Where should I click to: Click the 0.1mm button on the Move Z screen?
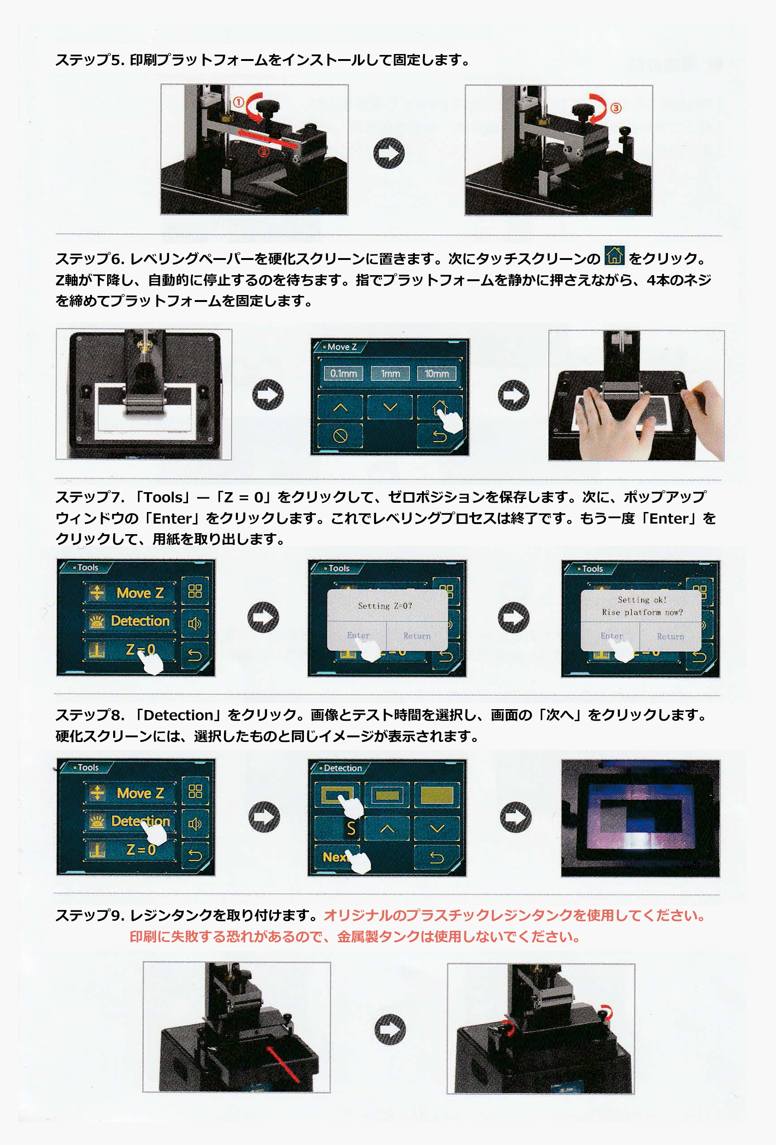pos(343,374)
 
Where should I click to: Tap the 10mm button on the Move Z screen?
pos(437,374)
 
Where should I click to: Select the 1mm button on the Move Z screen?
pos(390,374)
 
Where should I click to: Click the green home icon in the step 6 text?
pos(614,256)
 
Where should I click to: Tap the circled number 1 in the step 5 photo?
pos(239,102)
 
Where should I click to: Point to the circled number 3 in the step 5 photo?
pos(616,108)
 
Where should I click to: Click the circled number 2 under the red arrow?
pos(264,152)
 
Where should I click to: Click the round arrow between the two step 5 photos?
pos(389,153)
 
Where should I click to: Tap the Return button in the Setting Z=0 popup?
pos(417,636)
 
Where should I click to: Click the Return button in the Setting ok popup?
pos(671,637)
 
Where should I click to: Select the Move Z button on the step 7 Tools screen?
pos(130,593)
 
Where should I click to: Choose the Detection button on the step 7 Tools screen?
pos(130,621)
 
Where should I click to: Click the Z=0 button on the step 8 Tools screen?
pos(130,850)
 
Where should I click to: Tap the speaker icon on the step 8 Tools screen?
pos(195,823)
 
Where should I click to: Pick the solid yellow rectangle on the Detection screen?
pos(436,794)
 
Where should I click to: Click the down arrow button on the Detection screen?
pos(437,829)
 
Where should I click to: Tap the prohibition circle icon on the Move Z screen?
pos(340,435)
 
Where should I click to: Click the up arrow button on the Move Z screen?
pos(340,407)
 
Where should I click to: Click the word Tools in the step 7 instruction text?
pos(163,497)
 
